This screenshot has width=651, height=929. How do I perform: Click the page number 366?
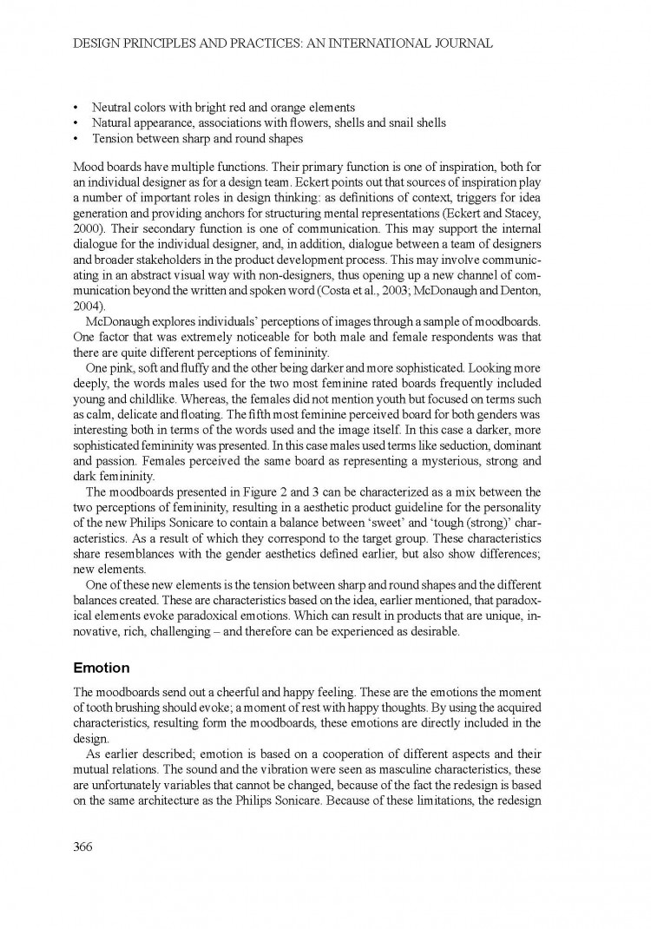coord(83,847)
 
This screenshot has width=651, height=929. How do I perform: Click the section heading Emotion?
coord(102,669)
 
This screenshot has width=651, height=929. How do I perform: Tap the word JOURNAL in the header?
coord(460,43)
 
